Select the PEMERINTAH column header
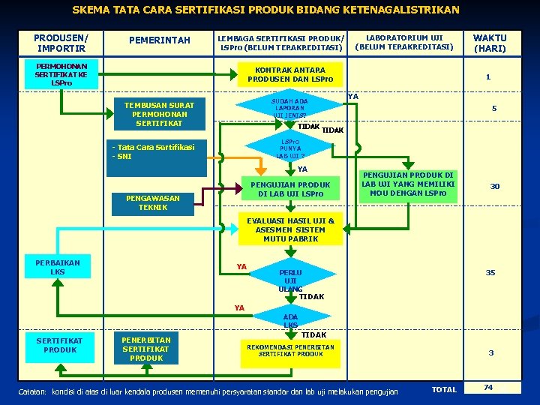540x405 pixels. coord(160,40)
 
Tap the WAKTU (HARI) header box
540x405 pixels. coord(490,43)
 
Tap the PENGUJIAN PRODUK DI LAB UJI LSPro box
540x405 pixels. coord(289,189)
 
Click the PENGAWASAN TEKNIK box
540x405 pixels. coord(153,202)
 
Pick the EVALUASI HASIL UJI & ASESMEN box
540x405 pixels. coord(289,229)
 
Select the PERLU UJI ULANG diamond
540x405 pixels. coord(289,280)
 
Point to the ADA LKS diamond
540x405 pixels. coord(290,320)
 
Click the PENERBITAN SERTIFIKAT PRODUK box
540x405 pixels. coord(146,349)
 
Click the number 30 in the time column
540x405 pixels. coord(495,186)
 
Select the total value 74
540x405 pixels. coord(488,388)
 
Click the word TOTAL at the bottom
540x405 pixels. coord(444,389)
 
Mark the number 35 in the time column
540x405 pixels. coord(490,272)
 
